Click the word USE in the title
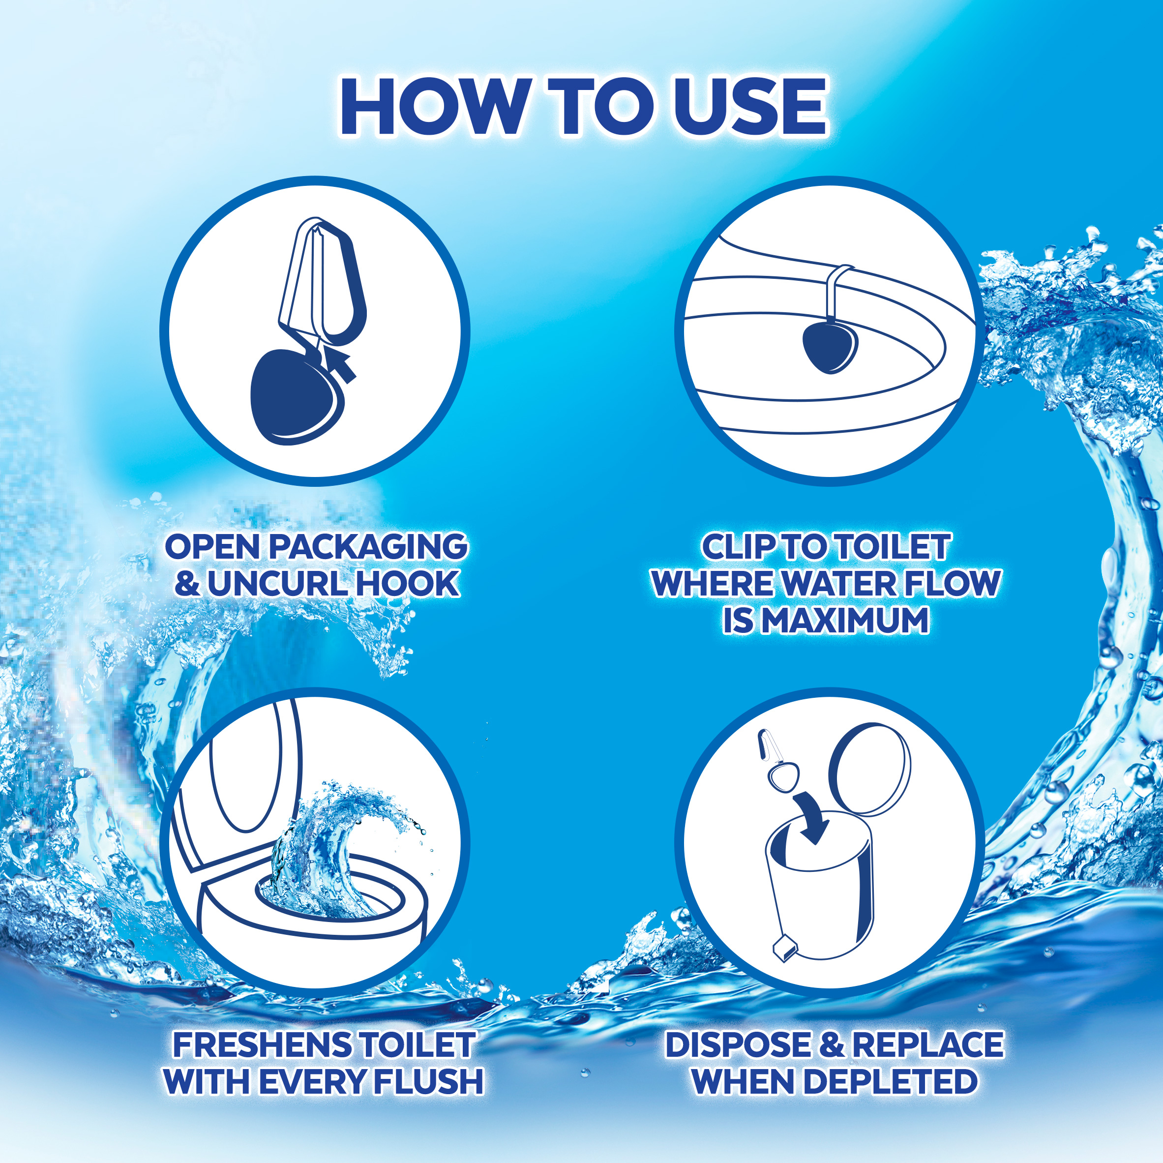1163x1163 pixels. tap(750, 107)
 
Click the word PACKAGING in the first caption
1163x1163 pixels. tap(368, 548)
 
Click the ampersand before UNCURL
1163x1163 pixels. tap(187, 584)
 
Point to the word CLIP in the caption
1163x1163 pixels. tap(742, 547)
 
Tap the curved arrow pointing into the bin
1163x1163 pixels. tap(812, 816)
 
